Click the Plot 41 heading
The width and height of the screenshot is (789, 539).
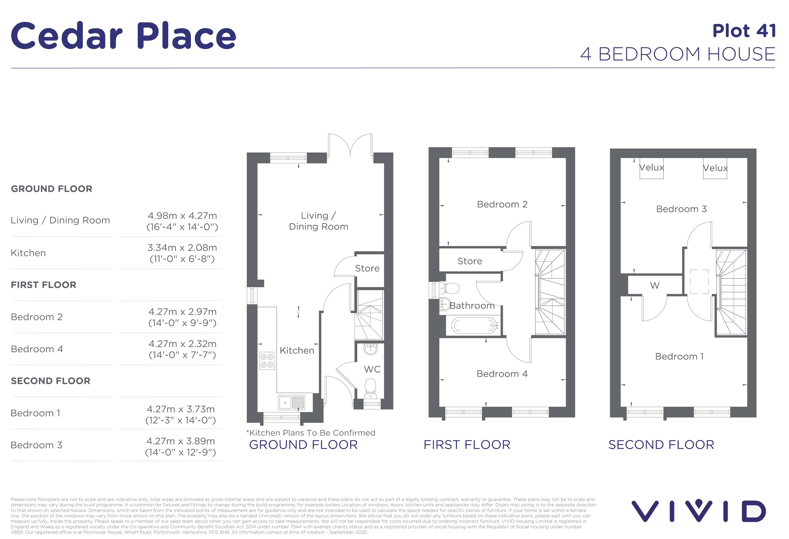tap(744, 31)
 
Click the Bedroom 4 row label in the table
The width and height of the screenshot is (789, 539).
tap(37, 349)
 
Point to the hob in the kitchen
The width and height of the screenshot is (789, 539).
tap(267, 360)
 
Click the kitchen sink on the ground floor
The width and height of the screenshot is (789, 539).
tap(291, 403)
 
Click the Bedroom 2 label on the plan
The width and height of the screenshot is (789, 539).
tap(502, 204)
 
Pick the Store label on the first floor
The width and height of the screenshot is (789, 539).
tap(469, 261)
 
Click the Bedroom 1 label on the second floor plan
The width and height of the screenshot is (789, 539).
tap(679, 356)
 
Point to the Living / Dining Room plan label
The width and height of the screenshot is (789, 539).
tap(318, 221)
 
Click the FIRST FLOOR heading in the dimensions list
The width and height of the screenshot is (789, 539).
tap(43, 285)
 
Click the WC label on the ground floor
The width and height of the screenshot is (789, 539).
tap(372, 370)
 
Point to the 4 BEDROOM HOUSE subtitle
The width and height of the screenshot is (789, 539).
tap(678, 54)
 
